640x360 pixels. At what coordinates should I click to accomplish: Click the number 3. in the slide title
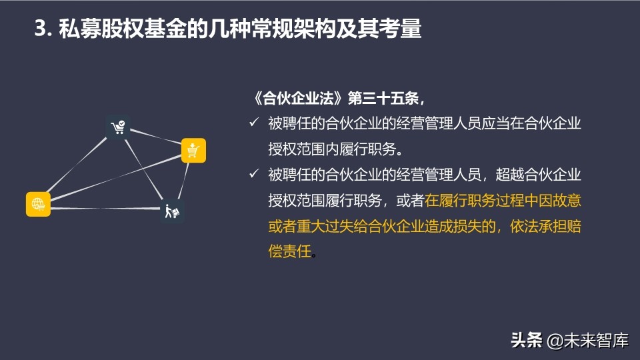[43, 29]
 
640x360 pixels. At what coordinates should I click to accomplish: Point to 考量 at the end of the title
[403, 29]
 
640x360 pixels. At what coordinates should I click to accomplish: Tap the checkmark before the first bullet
[253, 123]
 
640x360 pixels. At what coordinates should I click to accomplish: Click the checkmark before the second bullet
[253, 174]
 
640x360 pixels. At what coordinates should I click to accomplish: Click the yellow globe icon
[39, 203]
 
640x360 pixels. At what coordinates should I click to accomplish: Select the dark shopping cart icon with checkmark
[118, 127]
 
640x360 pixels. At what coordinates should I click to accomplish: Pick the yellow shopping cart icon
[193, 151]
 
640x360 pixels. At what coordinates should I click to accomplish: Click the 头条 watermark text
[526, 341]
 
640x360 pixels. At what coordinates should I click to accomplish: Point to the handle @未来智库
[588, 341]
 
